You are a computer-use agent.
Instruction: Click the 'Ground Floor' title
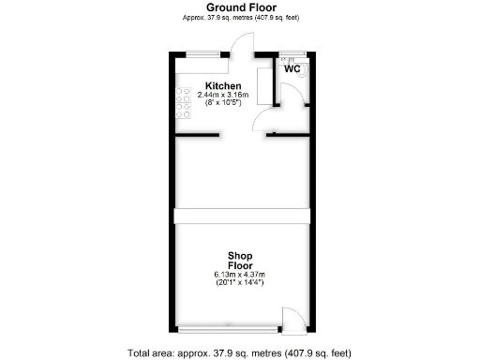(241, 7)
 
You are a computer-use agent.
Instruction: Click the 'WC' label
(292, 69)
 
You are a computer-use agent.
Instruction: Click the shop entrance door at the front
(292, 322)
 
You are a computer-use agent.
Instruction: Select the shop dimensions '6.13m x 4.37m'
(239, 275)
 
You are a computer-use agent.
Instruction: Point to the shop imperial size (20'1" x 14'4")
(239, 283)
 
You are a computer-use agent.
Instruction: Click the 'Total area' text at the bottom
(239, 352)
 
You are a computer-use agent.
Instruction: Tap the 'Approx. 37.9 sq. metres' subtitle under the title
(241, 18)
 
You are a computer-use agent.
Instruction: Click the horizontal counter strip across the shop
(241, 216)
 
